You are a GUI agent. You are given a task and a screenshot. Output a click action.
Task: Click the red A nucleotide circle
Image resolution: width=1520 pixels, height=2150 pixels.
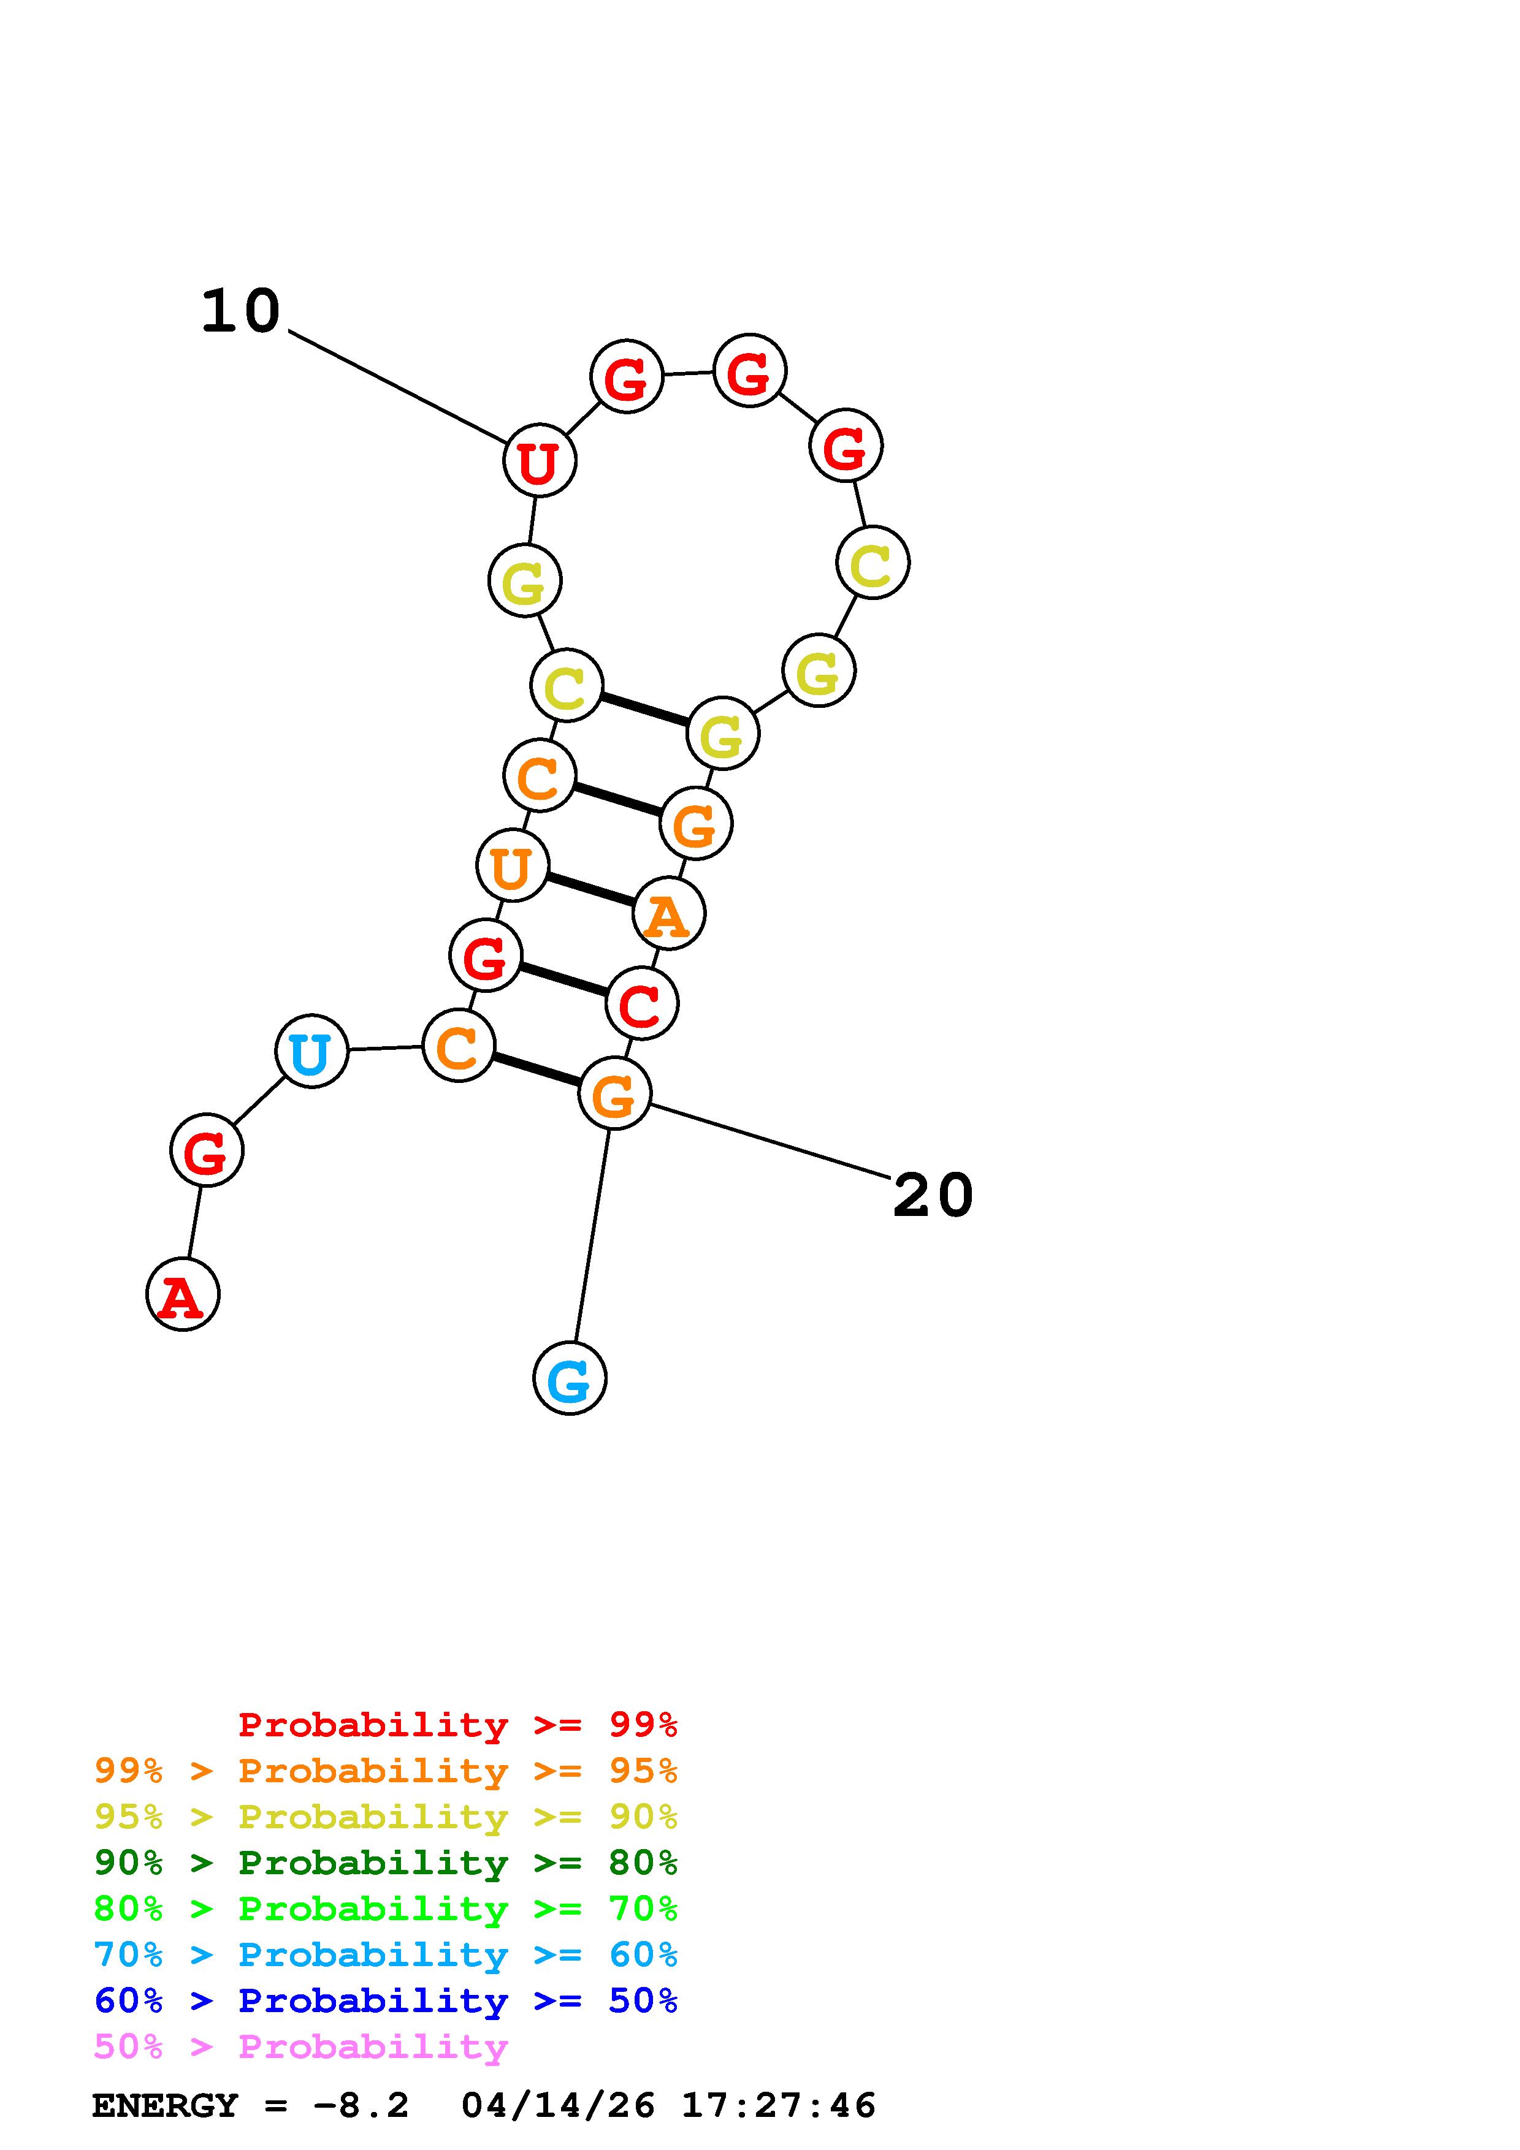tap(183, 1294)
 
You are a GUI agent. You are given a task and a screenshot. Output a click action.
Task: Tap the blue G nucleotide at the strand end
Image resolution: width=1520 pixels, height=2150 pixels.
tap(570, 1378)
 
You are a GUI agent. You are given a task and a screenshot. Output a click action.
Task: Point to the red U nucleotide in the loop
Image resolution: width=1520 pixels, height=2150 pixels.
tap(540, 461)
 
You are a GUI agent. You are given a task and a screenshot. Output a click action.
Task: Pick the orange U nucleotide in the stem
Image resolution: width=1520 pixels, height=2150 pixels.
tap(512, 866)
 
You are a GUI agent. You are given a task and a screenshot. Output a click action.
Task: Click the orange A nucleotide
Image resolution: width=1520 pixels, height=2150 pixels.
tap(669, 914)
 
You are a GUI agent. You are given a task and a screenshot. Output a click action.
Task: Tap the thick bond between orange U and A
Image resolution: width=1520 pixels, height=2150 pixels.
tap(590, 889)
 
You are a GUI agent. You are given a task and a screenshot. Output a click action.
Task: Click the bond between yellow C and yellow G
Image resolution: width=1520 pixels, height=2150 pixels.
tap(644, 709)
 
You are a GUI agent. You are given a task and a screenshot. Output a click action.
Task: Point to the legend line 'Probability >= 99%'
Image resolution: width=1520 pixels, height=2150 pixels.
tap(457, 1724)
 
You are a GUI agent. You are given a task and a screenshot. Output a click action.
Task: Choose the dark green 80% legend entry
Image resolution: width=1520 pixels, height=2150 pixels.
tap(386, 1863)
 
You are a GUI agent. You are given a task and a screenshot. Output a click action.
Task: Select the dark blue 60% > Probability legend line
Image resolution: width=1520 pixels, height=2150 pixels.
tap(386, 2000)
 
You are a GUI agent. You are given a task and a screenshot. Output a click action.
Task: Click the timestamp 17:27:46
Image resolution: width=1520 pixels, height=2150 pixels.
tap(777, 2106)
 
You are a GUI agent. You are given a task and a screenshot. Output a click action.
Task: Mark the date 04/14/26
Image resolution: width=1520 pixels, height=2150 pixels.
tap(558, 2106)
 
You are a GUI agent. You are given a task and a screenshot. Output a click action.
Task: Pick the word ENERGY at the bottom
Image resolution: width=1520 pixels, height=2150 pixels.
tap(165, 2106)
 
